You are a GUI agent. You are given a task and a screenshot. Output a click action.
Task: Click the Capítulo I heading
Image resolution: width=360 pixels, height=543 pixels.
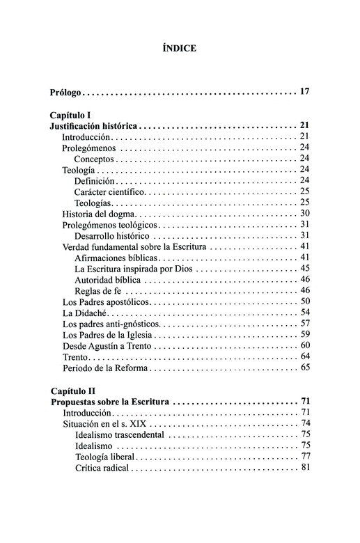pyautogui.click(x=73, y=114)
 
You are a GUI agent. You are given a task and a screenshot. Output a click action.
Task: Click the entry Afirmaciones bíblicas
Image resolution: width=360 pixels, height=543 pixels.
pyautogui.click(x=115, y=258)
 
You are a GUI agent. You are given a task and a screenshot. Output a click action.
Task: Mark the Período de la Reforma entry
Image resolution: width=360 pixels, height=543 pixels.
pyautogui.click(x=104, y=368)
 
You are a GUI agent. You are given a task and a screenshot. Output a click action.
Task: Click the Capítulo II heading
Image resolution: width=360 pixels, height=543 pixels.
pyautogui.click(x=75, y=391)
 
